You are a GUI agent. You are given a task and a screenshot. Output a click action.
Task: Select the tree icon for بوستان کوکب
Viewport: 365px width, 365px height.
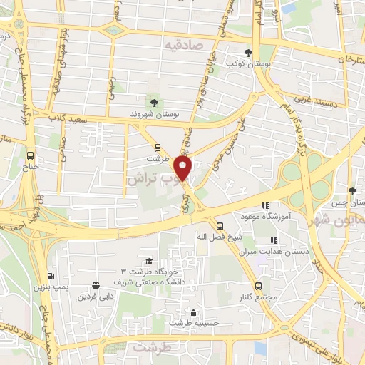point(248,53)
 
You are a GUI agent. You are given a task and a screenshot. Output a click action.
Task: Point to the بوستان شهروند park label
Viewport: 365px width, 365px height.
point(154,113)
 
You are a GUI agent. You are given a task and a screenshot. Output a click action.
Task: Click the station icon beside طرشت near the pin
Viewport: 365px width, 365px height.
point(158,149)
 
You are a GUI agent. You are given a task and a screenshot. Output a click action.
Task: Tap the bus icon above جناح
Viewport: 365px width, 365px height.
point(30,155)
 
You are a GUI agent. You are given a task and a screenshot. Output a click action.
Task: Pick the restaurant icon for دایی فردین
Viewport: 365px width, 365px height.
point(96,284)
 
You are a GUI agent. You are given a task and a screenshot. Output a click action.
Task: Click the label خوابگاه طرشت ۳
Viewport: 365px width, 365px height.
point(148,272)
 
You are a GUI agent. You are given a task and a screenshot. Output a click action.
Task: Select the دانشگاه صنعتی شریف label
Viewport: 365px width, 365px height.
point(149,281)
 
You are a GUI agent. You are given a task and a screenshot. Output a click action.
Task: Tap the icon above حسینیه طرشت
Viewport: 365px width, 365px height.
point(193,312)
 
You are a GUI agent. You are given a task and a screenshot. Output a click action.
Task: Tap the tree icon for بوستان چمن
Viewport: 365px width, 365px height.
point(352,191)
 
